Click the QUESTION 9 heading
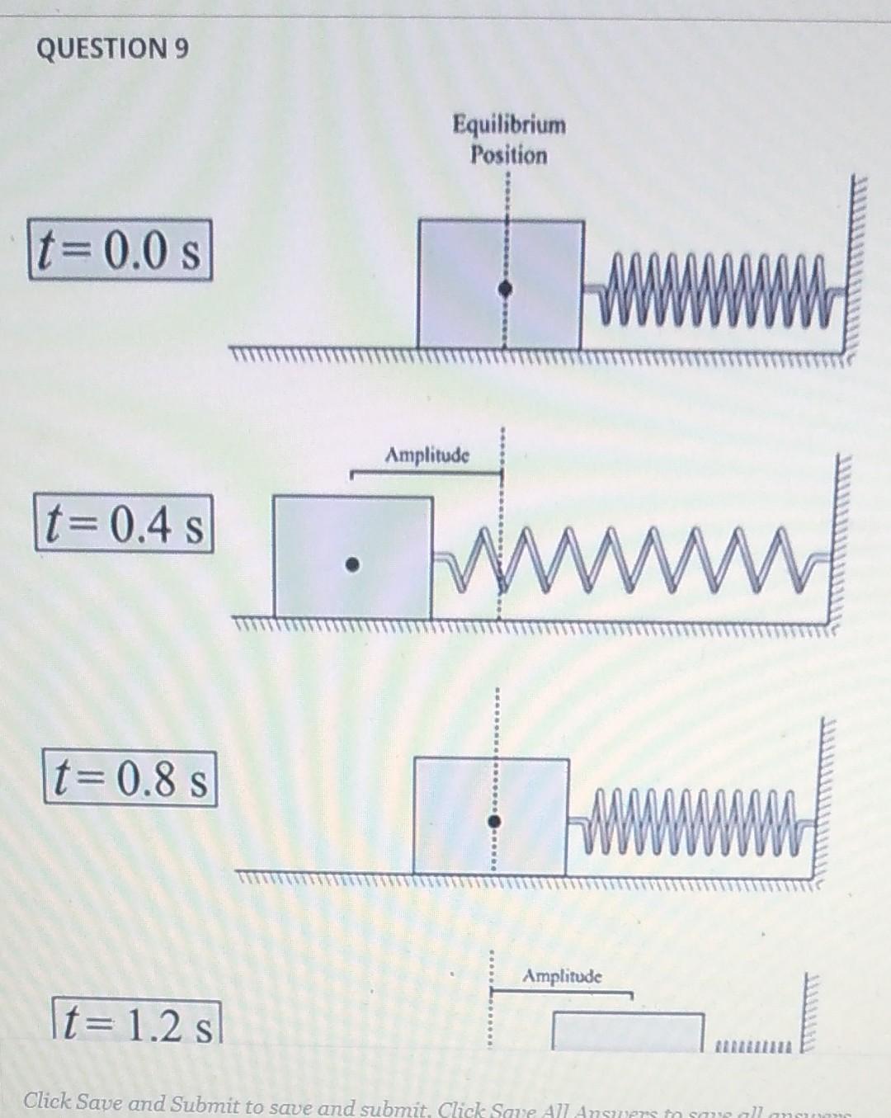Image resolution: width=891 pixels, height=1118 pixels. coord(112,49)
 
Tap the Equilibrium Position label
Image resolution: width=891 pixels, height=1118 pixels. coord(509,140)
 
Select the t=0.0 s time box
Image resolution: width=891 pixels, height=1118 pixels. coord(120,250)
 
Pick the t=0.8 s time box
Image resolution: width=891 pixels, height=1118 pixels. coord(130,778)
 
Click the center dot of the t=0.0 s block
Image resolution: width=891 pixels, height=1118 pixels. coord(507,289)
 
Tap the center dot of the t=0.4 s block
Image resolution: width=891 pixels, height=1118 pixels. coord(352,565)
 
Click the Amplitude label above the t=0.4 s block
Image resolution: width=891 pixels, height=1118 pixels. coord(427,455)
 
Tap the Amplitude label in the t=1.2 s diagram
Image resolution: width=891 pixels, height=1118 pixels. coord(563,977)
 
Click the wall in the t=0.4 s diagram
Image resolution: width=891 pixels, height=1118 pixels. coord(841,540)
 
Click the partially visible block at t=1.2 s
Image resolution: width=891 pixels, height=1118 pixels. coord(627,1031)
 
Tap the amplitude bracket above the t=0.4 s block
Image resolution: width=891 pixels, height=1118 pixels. coord(426,473)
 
